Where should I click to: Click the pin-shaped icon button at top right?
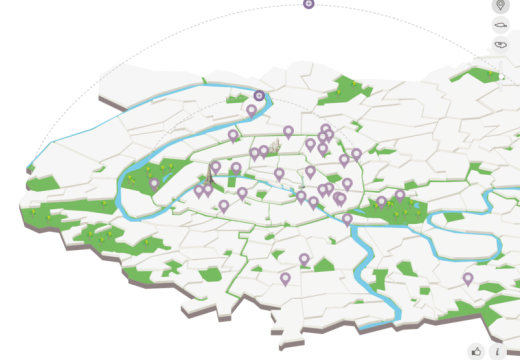(x=501, y=6)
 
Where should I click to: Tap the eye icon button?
(x=501, y=45)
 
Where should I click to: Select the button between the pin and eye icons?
(x=501, y=25)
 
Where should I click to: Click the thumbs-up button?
(x=477, y=351)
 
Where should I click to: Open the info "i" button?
(x=498, y=351)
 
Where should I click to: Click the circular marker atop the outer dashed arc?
(x=309, y=4)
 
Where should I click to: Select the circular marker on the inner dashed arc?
(x=259, y=96)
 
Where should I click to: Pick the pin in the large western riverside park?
(x=154, y=183)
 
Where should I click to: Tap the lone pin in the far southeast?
(x=468, y=278)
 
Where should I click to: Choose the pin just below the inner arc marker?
(x=251, y=110)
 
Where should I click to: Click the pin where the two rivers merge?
(x=347, y=218)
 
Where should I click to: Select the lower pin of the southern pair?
(x=285, y=277)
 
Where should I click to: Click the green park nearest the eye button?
(x=484, y=75)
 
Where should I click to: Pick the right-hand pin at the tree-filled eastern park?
(x=400, y=195)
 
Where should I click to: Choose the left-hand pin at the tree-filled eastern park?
(x=381, y=201)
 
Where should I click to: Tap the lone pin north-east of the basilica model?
(x=288, y=131)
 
